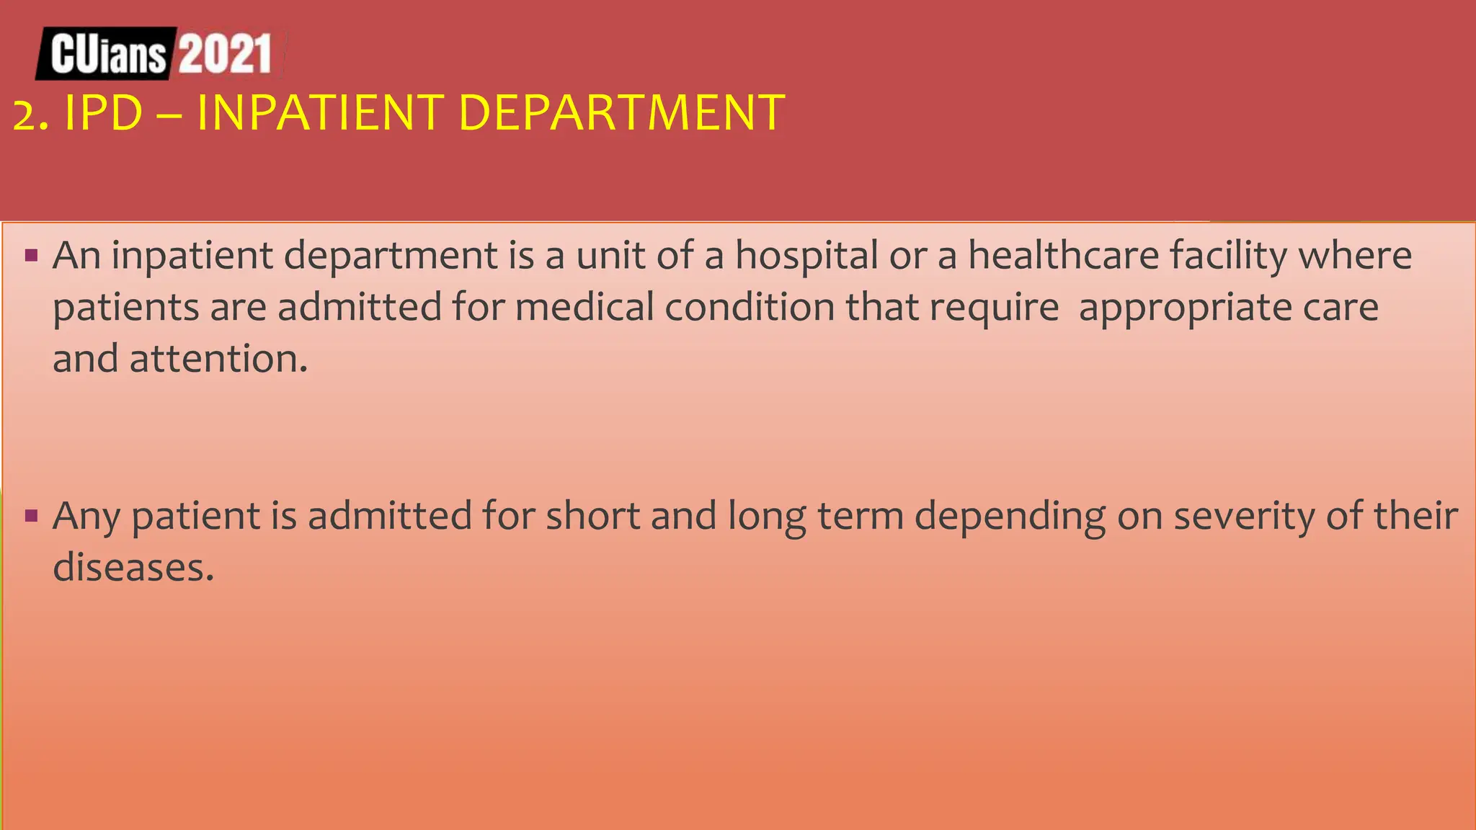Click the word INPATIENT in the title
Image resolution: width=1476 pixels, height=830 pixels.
pyautogui.click(x=319, y=113)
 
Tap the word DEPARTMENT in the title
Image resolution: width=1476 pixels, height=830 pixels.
pyautogui.click(x=621, y=113)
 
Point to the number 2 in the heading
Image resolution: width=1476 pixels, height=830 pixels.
pyautogui.click(x=24, y=115)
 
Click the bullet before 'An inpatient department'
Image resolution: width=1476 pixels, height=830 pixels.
pyautogui.click(x=31, y=255)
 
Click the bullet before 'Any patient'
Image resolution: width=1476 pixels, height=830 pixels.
pyautogui.click(x=31, y=515)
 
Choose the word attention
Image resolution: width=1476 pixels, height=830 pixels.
pyautogui.click(x=218, y=359)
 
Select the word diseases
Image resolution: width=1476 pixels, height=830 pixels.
pyautogui.click(x=133, y=568)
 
